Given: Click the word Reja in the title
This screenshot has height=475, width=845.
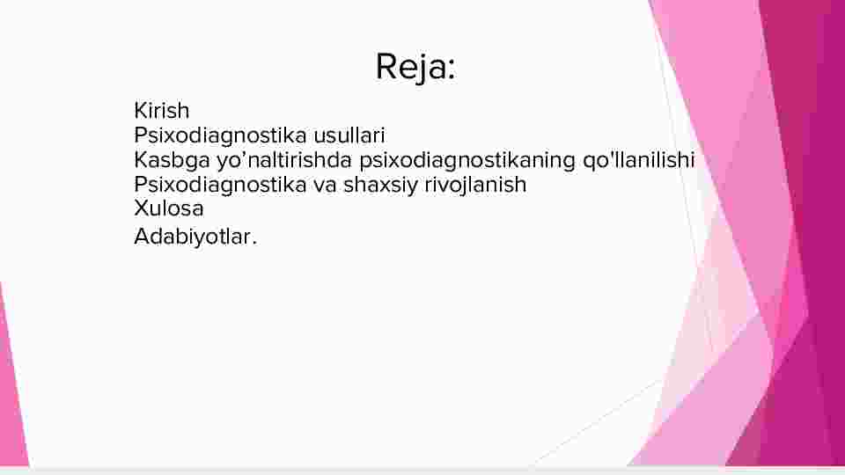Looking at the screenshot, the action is [x=411, y=68].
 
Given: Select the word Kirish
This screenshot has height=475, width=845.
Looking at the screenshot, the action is [x=162, y=111].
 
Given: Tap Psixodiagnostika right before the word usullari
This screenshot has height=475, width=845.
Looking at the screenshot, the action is [x=220, y=135].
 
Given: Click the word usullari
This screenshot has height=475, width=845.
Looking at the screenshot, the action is [x=349, y=135].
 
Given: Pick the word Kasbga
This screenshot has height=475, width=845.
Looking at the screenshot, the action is [x=172, y=160].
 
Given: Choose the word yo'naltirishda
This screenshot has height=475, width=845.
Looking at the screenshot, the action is [x=284, y=159].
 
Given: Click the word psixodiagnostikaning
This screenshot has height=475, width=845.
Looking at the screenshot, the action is [x=467, y=160].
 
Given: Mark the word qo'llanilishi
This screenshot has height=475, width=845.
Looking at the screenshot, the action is [x=639, y=160].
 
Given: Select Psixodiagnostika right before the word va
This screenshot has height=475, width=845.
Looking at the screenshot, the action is [x=220, y=185].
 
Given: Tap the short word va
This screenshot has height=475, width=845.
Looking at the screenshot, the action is [x=325, y=186].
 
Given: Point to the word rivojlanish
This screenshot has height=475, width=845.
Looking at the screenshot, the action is [x=475, y=185].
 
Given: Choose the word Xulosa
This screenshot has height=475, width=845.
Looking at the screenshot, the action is [x=169, y=208].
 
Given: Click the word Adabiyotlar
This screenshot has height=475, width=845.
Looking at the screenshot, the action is [x=192, y=237].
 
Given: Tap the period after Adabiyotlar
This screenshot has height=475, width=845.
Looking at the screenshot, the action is [x=254, y=244].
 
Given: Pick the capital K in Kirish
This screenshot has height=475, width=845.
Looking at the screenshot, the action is [x=140, y=111].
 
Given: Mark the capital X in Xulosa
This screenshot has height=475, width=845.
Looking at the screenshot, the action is [x=141, y=208].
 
